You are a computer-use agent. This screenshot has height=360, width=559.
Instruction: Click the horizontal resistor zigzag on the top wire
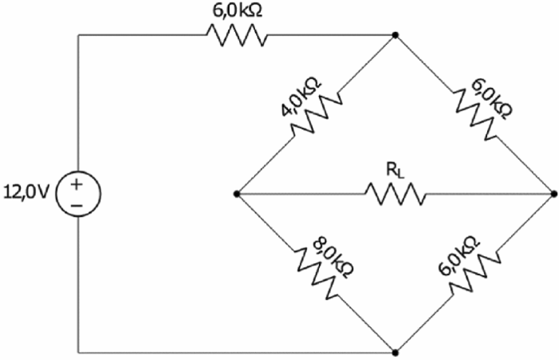236,34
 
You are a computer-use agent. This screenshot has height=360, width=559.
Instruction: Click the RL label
394,170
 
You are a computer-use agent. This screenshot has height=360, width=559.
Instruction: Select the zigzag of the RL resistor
394,194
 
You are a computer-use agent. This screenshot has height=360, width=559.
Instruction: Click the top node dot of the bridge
395,35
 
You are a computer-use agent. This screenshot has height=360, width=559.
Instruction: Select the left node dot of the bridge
237,194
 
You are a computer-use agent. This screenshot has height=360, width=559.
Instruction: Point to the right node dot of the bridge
553,194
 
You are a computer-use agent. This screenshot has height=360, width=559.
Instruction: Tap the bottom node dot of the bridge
395,351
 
